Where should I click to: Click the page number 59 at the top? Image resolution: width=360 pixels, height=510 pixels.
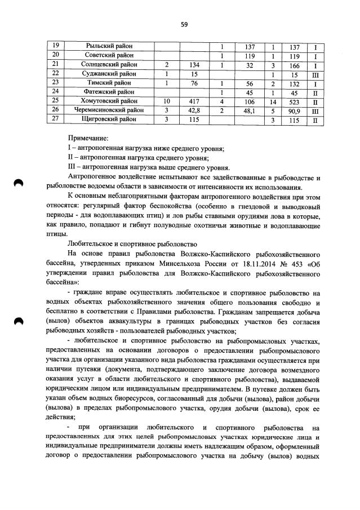pos(184,24)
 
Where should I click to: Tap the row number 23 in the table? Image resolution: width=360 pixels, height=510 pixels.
pos(55,82)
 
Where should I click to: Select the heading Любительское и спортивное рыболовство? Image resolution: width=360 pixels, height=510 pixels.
pos(132,244)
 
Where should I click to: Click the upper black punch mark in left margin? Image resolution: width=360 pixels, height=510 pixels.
pos(19,183)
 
